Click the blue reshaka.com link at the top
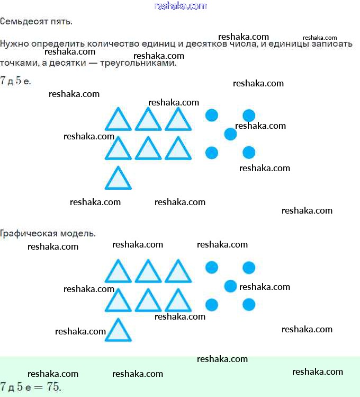180,6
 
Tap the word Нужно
14,44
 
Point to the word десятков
206,44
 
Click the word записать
332,44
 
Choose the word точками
20,63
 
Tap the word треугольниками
138,63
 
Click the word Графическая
24,233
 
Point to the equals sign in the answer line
39,387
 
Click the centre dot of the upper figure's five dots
230,134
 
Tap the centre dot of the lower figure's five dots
230,286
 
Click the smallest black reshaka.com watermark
320,38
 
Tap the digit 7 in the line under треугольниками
3,81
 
